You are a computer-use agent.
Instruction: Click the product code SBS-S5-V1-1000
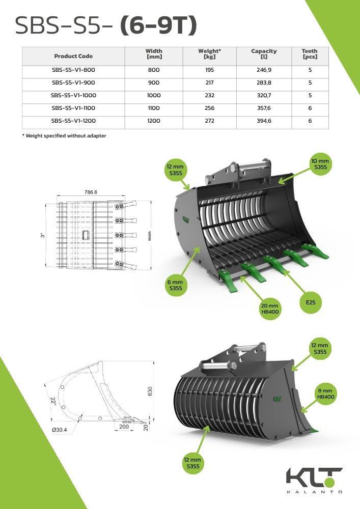pos(73,95)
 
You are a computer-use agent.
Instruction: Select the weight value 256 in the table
pos(209,108)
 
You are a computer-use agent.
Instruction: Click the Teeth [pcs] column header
pos(310,54)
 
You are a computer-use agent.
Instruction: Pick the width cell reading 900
pos(154,82)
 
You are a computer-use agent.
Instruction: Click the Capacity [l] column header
pos(264,54)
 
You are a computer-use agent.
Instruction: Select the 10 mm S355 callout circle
pos(320,164)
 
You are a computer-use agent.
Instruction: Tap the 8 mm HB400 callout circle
pos(325,392)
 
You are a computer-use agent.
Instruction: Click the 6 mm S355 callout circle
pos(176,285)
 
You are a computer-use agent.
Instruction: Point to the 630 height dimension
pos(150,390)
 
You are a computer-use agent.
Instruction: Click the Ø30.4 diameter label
pos(60,430)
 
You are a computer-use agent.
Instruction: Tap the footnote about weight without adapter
pos(64,135)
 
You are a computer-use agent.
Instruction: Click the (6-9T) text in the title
pos(158,25)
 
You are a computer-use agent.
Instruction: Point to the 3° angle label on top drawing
pos(43,236)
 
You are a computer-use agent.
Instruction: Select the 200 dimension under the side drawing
pos(124,427)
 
